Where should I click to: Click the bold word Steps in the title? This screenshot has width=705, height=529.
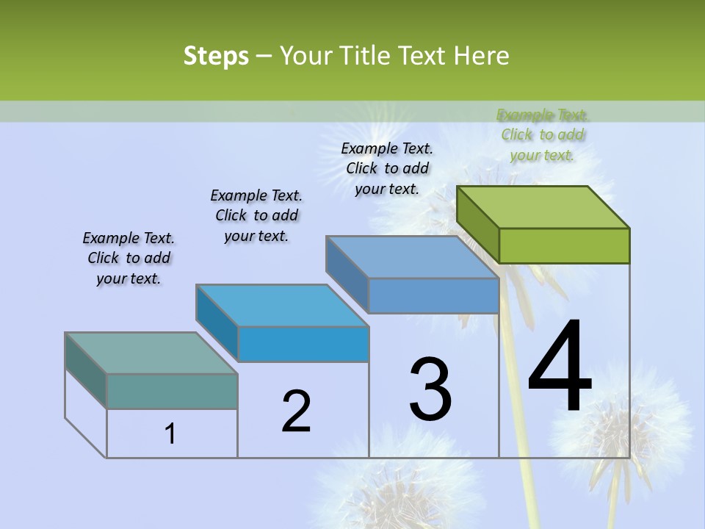click(x=216, y=56)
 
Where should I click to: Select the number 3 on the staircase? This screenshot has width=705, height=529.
click(x=430, y=389)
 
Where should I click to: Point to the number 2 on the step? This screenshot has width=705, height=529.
click(x=296, y=411)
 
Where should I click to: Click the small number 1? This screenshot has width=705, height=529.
click(x=170, y=433)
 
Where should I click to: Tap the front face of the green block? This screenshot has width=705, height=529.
click(x=564, y=245)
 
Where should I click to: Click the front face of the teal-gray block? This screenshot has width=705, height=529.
click(x=172, y=392)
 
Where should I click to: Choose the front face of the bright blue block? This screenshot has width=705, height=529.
click(x=303, y=344)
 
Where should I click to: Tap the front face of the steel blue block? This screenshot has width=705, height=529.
click(x=433, y=295)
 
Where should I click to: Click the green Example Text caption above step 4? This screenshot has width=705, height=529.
click(x=543, y=134)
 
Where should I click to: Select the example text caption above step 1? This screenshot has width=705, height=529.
click(x=129, y=258)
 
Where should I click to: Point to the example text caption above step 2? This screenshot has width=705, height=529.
click(x=256, y=215)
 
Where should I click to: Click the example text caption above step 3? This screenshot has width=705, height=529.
click(x=387, y=168)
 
